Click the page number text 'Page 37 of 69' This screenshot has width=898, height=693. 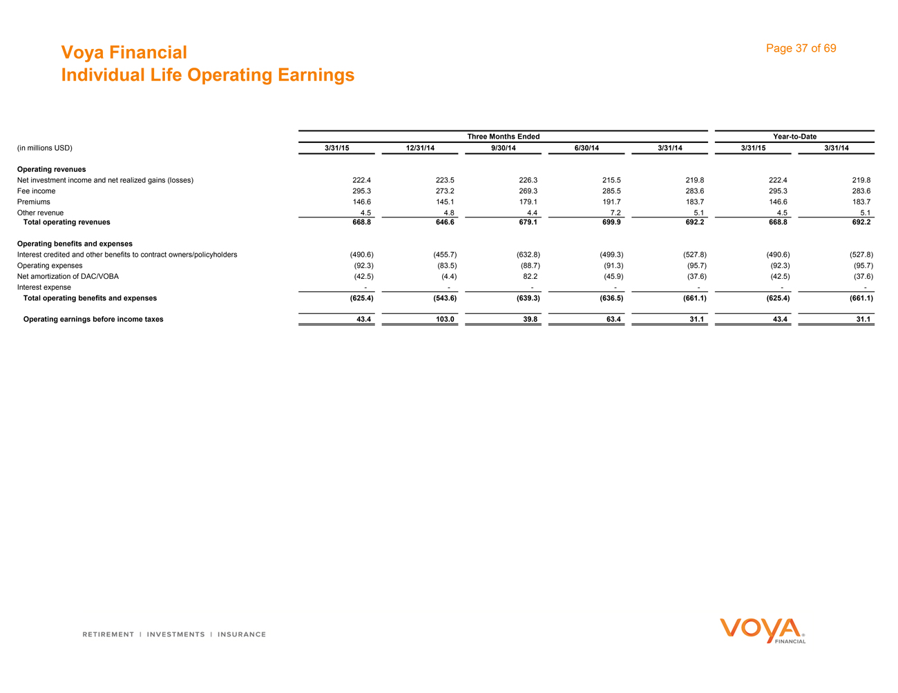coord(801,48)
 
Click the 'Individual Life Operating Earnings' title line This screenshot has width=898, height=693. coord(207,75)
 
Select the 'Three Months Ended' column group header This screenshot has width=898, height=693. coord(503,137)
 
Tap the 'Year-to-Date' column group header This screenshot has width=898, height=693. coord(794,137)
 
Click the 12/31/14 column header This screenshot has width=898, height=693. coord(420,148)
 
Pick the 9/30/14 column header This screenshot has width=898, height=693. coord(504,148)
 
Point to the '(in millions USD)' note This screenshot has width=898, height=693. coord(44,148)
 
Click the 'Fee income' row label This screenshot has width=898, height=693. coord(36,191)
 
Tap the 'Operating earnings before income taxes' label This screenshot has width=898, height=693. coord(93,320)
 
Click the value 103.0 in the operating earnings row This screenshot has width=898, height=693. coord(445,320)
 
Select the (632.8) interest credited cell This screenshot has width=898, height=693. coord(528,255)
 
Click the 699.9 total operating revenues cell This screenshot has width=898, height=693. coord(611,222)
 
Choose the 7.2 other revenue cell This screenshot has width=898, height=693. coord(615,213)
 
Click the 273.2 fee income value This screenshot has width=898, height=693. coord(445,191)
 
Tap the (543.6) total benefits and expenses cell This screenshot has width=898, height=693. coord(442,298)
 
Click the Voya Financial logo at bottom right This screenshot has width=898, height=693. coord(762,630)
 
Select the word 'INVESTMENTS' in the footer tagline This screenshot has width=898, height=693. coord(176,634)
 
